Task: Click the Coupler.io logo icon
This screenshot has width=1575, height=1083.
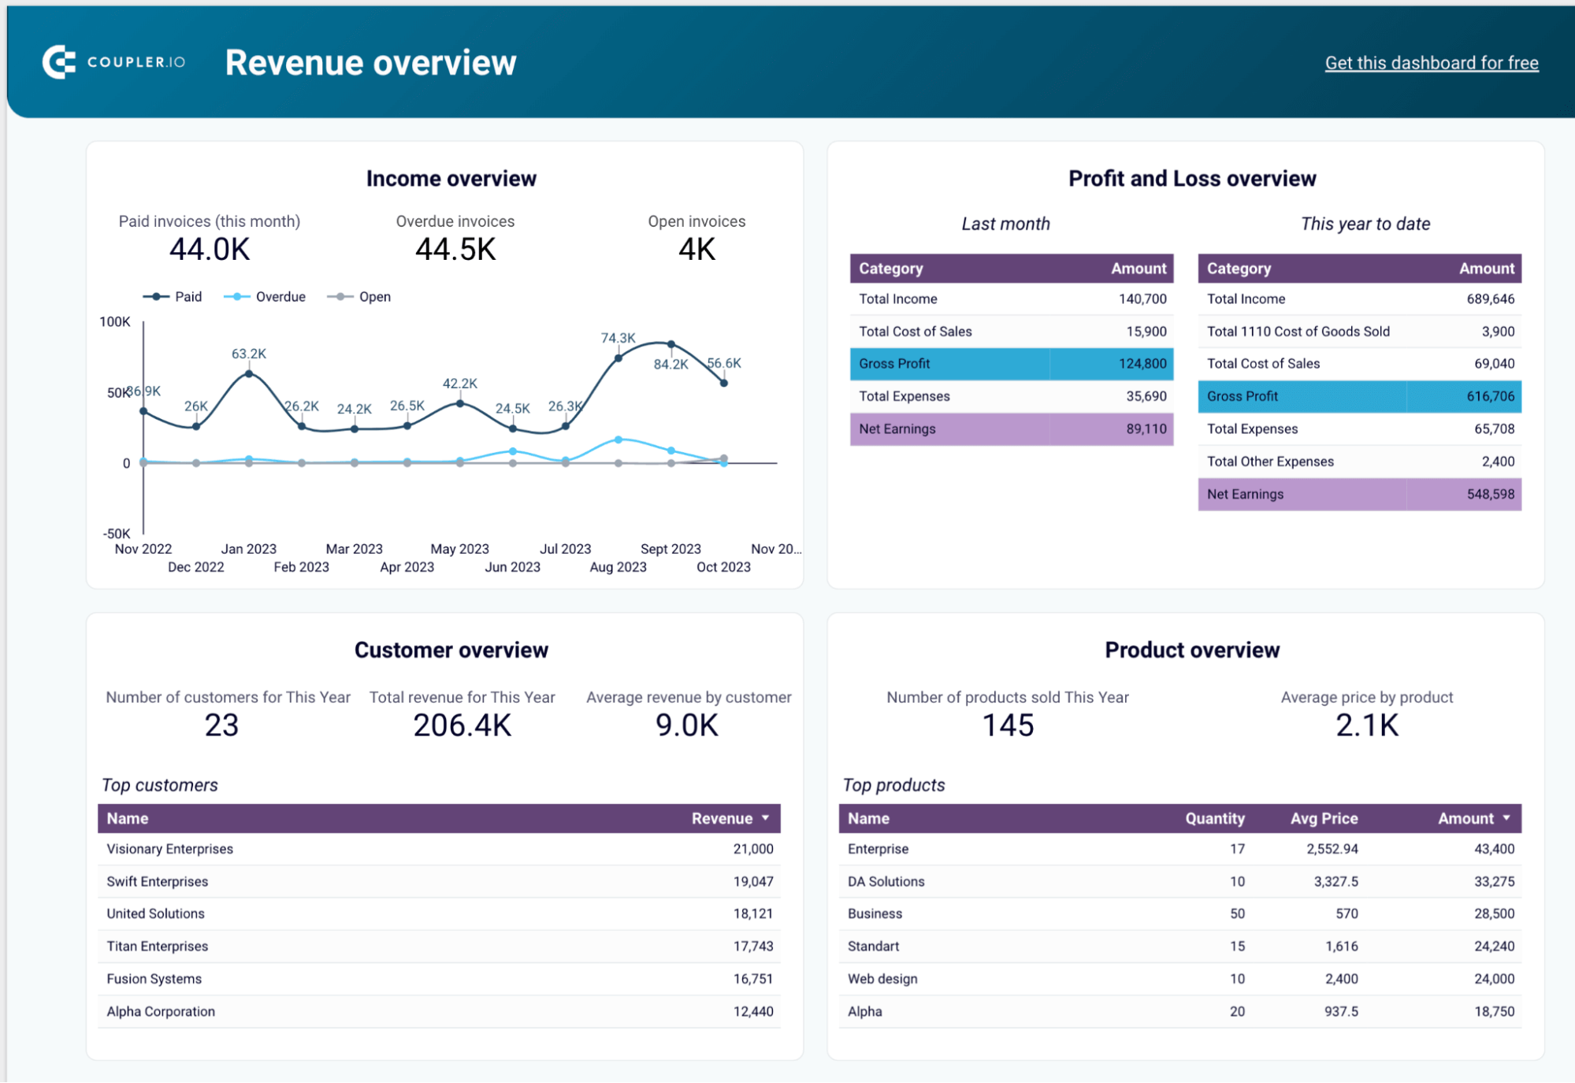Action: tap(59, 62)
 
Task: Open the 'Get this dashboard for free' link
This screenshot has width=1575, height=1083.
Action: tap(1431, 63)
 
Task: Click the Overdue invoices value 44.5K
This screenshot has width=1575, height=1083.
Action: tap(455, 250)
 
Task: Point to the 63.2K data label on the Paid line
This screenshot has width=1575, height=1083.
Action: tap(248, 354)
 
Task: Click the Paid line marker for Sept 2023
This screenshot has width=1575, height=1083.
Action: tap(670, 344)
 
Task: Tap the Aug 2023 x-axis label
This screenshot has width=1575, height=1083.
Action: tap(618, 567)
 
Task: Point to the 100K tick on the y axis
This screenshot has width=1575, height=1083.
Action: tap(115, 321)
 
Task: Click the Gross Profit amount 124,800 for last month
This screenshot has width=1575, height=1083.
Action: tap(1142, 364)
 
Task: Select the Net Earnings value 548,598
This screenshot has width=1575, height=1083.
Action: tap(1490, 495)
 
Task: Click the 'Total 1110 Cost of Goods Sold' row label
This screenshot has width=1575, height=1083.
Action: tap(1298, 332)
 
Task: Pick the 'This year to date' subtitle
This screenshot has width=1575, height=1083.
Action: tap(1365, 224)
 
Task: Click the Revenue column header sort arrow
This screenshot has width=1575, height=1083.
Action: tap(765, 818)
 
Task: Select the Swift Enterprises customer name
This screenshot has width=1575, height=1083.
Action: tap(158, 881)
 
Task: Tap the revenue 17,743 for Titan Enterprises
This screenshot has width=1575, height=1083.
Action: tap(752, 946)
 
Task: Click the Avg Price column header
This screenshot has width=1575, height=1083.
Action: tap(1324, 818)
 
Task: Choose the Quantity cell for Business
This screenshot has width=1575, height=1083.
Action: tap(1237, 914)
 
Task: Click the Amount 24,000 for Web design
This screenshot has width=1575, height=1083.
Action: tap(1494, 979)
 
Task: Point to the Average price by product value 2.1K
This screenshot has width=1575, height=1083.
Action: tap(1366, 725)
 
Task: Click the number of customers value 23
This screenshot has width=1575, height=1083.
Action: tap(221, 725)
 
